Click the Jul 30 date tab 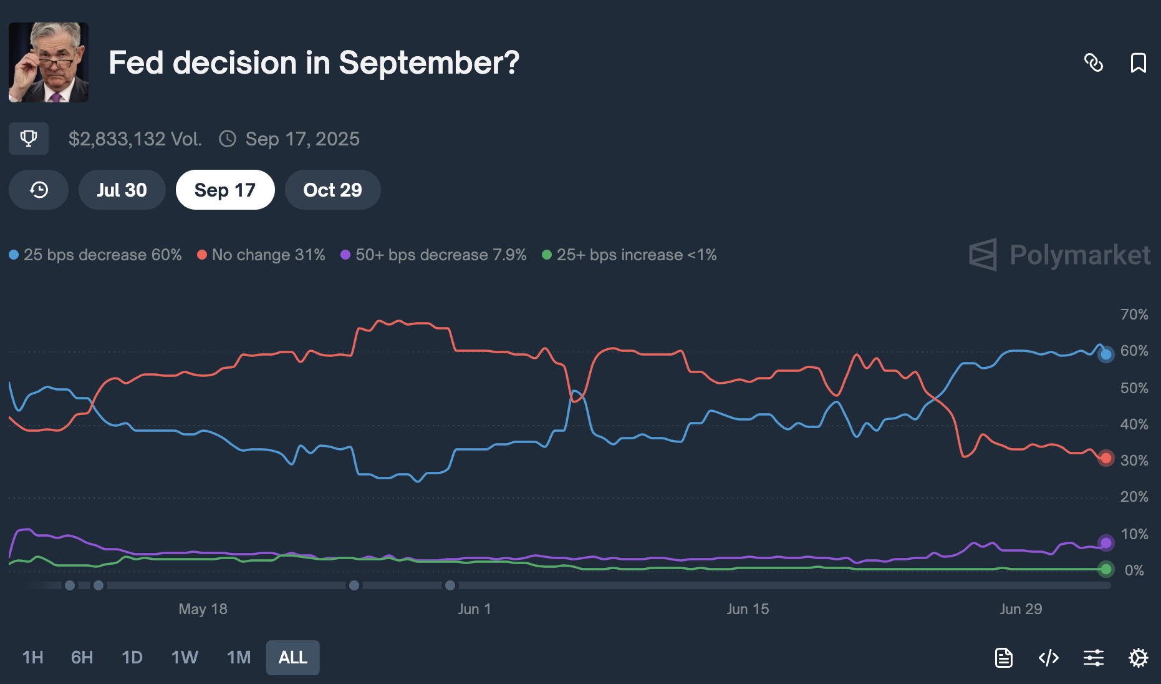pyautogui.click(x=122, y=190)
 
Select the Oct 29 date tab pyautogui.click(x=332, y=190)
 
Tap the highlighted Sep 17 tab pyautogui.click(x=225, y=190)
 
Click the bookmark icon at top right pyautogui.click(x=1138, y=63)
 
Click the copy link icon pyautogui.click(x=1094, y=63)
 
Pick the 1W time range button pyautogui.click(x=185, y=657)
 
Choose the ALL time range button pyautogui.click(x=292, y=657)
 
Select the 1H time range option pyautogui.click(x=32, y=657)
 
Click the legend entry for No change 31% pyautogui.click(x=261, y=255)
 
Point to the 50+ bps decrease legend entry pyautogui.click(x=434, y=255)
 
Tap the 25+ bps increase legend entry pyautogui.click(x=630, y=255)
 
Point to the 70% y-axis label pyautogui.click(x=1134, y=315)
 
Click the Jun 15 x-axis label pyautogui.click(x=748, y=609)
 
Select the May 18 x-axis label pyautogui.click(x=203, y=609)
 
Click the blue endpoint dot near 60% pyautogui.click(x=1106, y=354)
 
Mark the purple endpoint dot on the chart pyautogui.click(x=1106, y=543)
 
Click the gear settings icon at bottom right pyautogui.click(x=1138, y=657)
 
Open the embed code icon pyautogui.click(x=1049, y=657)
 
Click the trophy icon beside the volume pyautogui.click(x=29, y=139)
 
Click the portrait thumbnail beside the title pyautogui.click(x=49, y=62)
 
